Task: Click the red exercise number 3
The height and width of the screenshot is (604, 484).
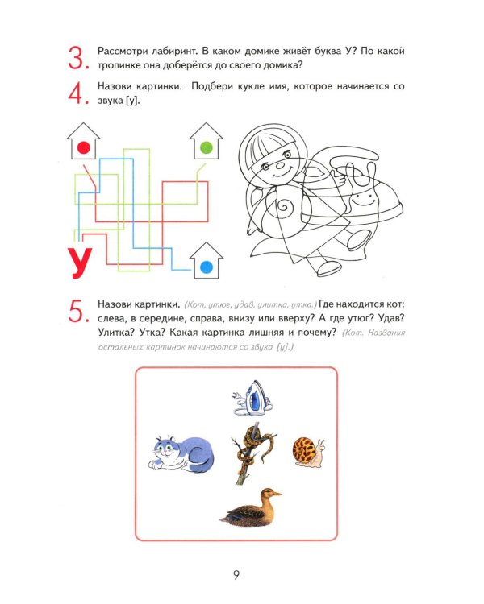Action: tap(76, 59)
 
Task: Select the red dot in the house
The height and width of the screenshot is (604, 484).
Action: tap(82, 147)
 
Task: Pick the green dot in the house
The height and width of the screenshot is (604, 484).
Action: tap(206, 147)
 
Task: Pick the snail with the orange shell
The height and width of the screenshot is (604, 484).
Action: tap(309, 452)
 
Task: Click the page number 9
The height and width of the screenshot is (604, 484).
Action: tap(236, 573)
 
